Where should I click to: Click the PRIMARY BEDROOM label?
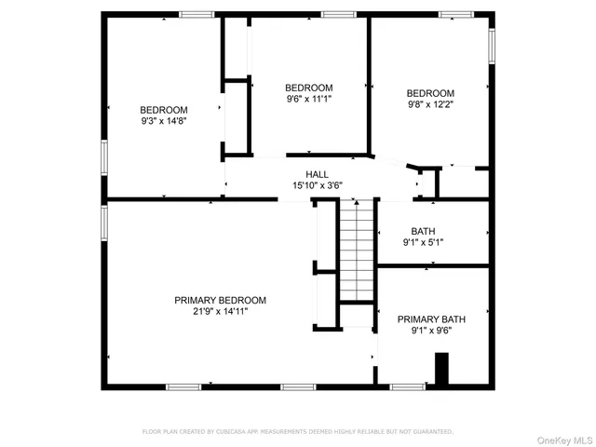(220, 300)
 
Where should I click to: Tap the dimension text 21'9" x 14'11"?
(220, 312)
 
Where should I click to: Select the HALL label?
(318, 174)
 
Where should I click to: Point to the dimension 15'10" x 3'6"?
(318, 185)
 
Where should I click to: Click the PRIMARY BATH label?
(431, 318)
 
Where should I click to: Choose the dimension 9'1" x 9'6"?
(431, 331)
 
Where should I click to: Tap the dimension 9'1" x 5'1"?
(423, 243)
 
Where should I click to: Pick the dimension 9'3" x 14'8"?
(163, 120)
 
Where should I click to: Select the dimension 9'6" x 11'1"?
(308, 99)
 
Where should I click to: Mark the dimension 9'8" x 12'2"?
(430, 105)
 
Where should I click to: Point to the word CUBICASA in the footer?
(239, 432)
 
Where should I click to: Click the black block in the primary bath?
(442, 369)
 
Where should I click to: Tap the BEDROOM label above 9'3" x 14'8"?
(163, 109)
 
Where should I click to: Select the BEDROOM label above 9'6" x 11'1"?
(308, 88)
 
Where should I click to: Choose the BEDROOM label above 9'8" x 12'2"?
(430, 93)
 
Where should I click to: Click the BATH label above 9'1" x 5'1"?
(423, 231)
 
